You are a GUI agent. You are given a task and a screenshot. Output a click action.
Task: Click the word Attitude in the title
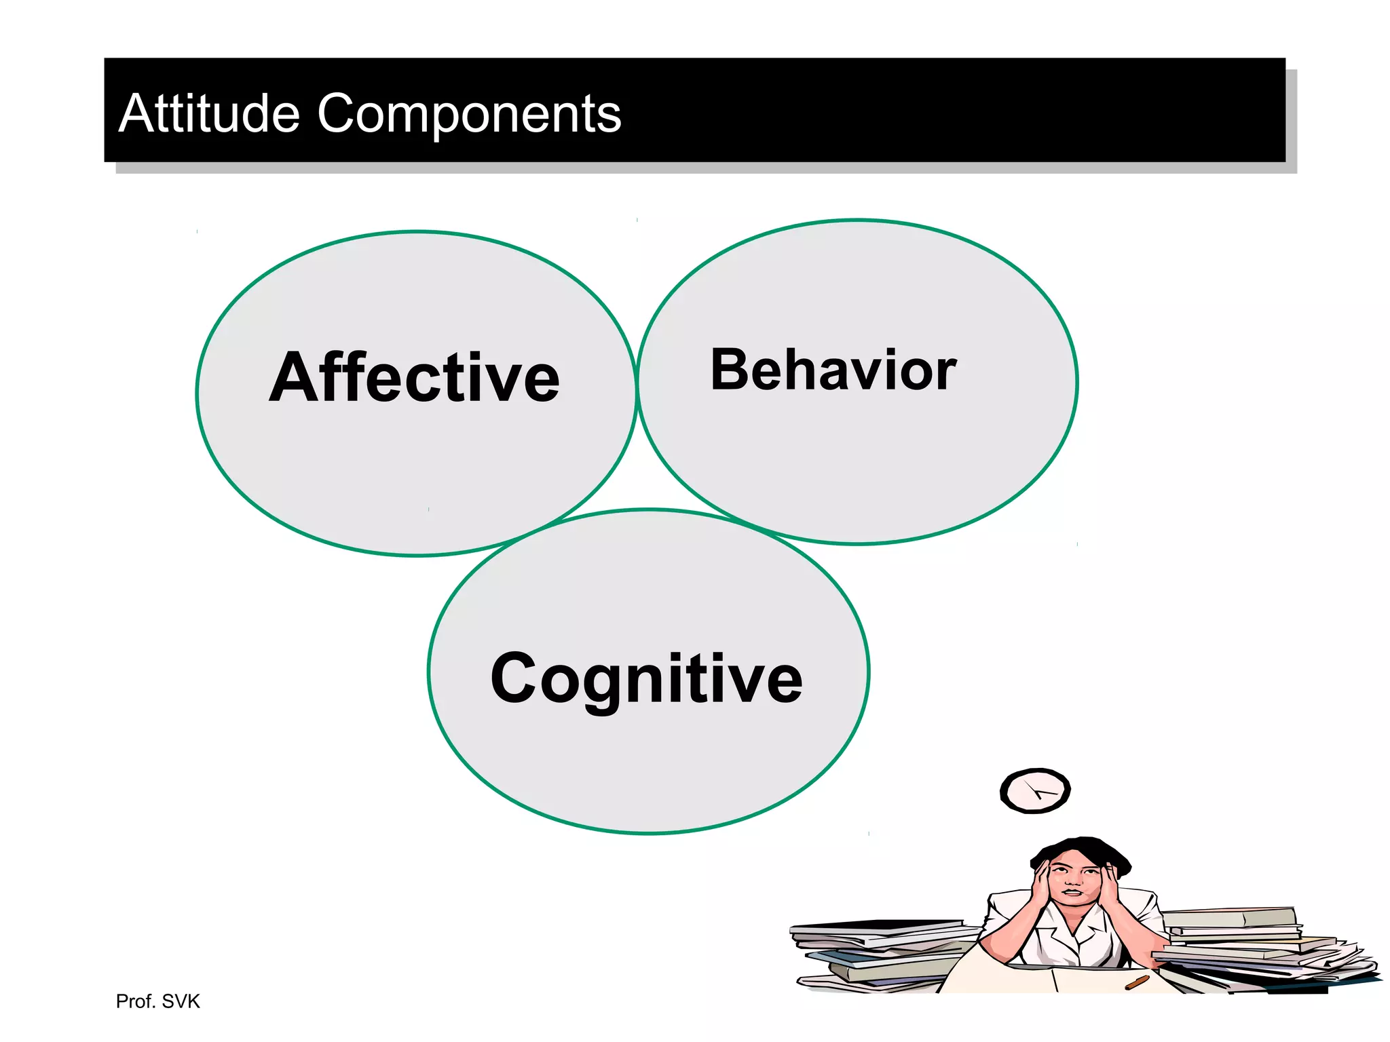point(209,113)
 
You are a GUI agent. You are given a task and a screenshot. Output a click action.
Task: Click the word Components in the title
point(469,113)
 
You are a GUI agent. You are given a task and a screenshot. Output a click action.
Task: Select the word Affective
point(415,377)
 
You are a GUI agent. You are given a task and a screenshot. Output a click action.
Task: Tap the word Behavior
point(833,370)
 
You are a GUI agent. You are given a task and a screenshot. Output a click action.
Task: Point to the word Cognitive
point(646,678)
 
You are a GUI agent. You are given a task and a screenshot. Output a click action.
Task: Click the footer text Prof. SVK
point(157,1001)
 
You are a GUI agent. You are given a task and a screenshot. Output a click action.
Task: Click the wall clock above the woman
point(1035,791)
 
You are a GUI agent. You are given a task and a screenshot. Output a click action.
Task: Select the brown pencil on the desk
point(1138,982)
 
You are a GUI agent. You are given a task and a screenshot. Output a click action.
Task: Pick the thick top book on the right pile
point(1228,918)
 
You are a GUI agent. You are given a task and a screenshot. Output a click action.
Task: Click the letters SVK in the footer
point(181,1001)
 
